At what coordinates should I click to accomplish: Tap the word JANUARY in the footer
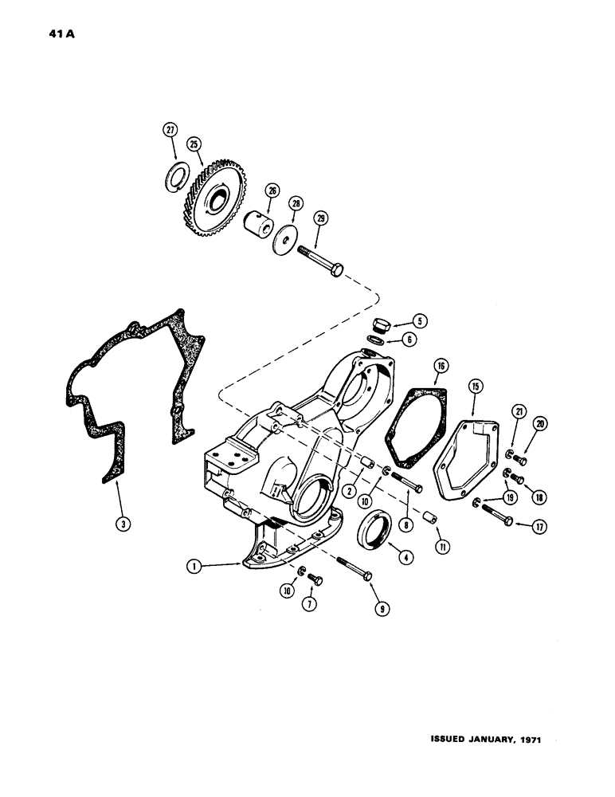pos(484,740)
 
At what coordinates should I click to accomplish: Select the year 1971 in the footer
pos(527,740)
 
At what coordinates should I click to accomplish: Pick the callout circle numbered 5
pos(420,321)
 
